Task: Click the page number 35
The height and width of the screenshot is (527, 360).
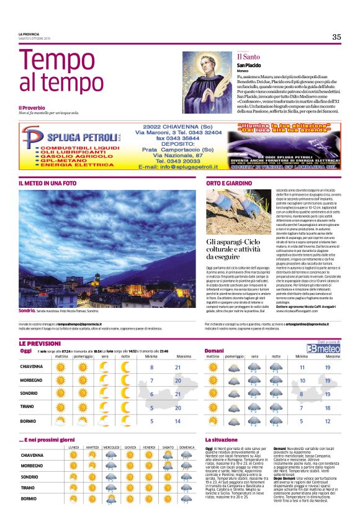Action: [336, 37]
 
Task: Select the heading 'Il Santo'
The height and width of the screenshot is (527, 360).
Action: [248, 57]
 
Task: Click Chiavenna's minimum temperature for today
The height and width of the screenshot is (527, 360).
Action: [151, 367]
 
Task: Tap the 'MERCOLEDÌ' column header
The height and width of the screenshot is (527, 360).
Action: [112, 447]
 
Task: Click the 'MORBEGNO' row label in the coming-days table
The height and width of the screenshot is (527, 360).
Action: [32, 466]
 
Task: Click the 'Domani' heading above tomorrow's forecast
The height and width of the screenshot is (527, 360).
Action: [214, 351]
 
